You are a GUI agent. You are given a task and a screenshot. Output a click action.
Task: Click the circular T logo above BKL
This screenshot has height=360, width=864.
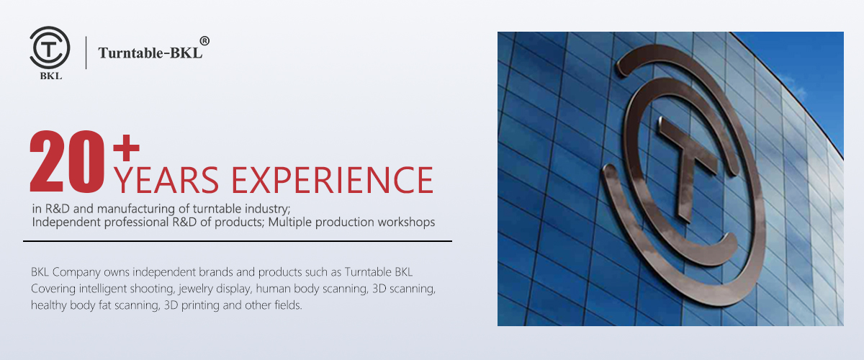50,48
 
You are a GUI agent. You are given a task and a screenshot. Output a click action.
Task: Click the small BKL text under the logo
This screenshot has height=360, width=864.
51,76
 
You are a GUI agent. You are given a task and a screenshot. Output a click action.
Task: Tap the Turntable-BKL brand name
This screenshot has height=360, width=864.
150,53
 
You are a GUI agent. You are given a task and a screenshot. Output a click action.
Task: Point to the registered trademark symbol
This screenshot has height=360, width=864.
204,41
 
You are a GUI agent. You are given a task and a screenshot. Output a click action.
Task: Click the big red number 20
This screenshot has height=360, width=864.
67,162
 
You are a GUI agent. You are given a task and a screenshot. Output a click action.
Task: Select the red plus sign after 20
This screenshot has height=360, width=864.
126,148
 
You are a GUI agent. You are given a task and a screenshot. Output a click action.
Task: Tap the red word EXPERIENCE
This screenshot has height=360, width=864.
332,180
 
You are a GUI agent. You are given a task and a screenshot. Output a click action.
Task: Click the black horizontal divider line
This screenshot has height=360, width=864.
238,241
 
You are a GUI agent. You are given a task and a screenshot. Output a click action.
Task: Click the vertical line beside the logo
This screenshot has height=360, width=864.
86,53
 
